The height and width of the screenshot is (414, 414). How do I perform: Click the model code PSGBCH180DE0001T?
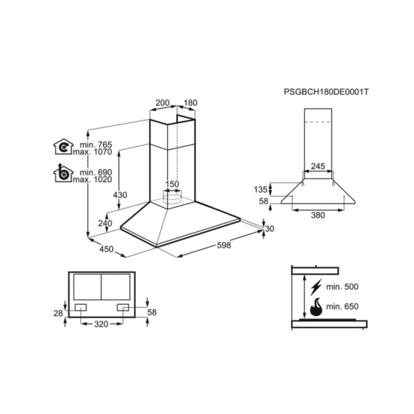[x=326, y=92]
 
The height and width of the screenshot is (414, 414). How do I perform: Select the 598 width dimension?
[x=224, y=245]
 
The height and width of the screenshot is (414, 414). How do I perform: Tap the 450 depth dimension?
[x=106, y=249]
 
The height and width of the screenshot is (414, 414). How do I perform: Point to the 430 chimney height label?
[x=120, y=195]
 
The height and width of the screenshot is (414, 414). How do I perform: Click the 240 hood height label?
[x=105, y=224]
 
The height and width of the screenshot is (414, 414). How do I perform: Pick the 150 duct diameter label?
[x=172, y=184]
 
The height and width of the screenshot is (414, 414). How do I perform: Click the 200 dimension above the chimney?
[x=163, y=102]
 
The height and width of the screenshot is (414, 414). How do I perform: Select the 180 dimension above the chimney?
[x=190, y=102]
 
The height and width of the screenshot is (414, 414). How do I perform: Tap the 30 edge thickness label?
[x=269, y=229]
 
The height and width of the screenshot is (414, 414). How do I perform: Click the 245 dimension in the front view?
[x=318, y=166]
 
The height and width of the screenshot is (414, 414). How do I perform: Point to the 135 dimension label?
[x=260, y=190]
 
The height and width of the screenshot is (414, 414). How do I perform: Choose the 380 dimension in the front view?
[x=318, y=215]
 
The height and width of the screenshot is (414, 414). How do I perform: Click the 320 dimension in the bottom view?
[x=102, y=324]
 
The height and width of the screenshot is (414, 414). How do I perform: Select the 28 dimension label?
[x=59, y=313]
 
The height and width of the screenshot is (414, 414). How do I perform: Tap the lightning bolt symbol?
[x=316, y=287]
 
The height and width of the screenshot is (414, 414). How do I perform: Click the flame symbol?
[x=316, y=307]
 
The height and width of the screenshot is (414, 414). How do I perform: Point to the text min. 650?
[x=342, y=306]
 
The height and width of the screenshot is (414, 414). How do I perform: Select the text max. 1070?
[x=93, y=152]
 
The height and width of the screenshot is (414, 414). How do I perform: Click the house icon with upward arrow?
[x=63, y=173]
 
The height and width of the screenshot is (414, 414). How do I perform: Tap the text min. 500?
[x=342, y=287]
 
